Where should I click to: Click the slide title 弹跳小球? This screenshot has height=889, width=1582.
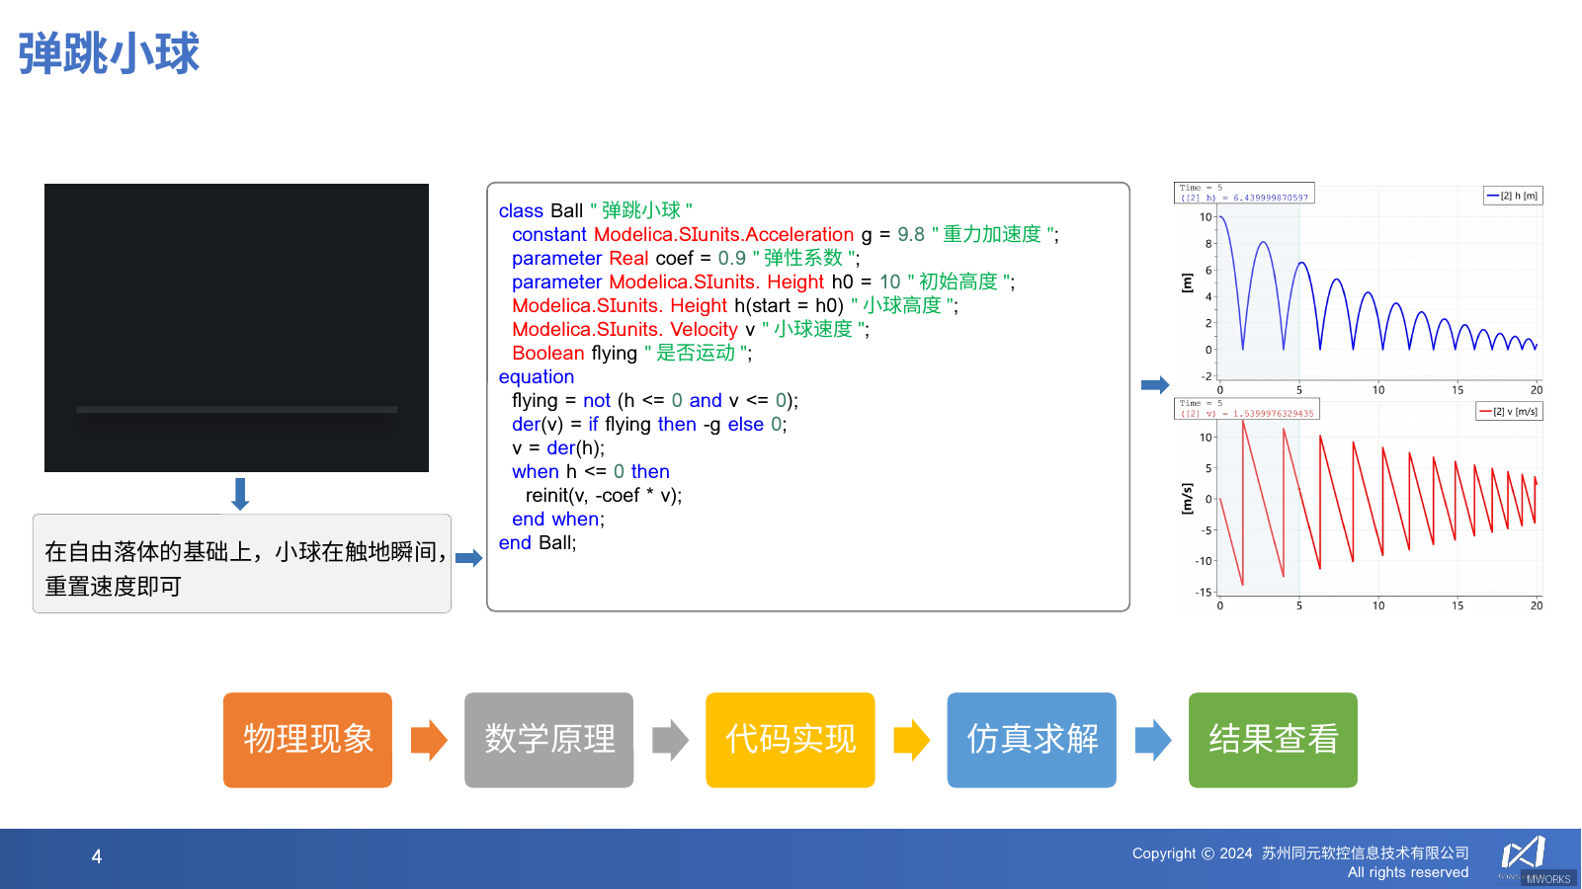pyautogui.click(x=109, y=53)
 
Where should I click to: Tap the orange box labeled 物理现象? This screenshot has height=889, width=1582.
pyautogui.click(x=307, y=740)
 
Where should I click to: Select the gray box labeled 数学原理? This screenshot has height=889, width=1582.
pyautogui.click(x=548, y=740)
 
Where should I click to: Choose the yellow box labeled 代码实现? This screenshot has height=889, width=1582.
pyautogui.click(x=790, y=740)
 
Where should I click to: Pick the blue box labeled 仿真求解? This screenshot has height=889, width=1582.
pyautogui.click(x=1032, y=740)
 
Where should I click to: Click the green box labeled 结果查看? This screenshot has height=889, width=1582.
pyautogui.click(x=1273, y=740)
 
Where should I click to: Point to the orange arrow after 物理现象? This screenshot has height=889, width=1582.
pyautogui.click(x=429, y=740)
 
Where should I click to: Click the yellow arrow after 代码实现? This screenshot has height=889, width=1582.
pyautogui.click(x=911, y=740)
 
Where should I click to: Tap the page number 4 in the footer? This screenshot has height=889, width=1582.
pyautogui.click(x=97, y=856)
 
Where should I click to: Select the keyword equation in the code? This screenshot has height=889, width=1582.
pyautogui.click(x=536, y=377)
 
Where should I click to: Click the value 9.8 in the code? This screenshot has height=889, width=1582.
pyautogui.click(x=910, y=235)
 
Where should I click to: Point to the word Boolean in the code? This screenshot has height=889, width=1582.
pyautogui.click(x=547, y=354)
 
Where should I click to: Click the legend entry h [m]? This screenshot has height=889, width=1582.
pyautogui.click(x=1513, y=196)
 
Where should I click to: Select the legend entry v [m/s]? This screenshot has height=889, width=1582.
pyautogui.click(x=1509, y=411)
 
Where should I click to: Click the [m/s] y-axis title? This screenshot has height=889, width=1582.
pyautogui.click(x=1187, y=499)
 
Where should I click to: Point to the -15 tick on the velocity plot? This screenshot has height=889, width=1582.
pyautogui.click(x=1203, y=593)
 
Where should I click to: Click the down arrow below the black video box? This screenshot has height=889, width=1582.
pyautogui.click(x=240, y=493)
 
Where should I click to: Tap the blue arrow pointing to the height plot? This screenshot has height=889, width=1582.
pyautogui.click(x=1154, y=385)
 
